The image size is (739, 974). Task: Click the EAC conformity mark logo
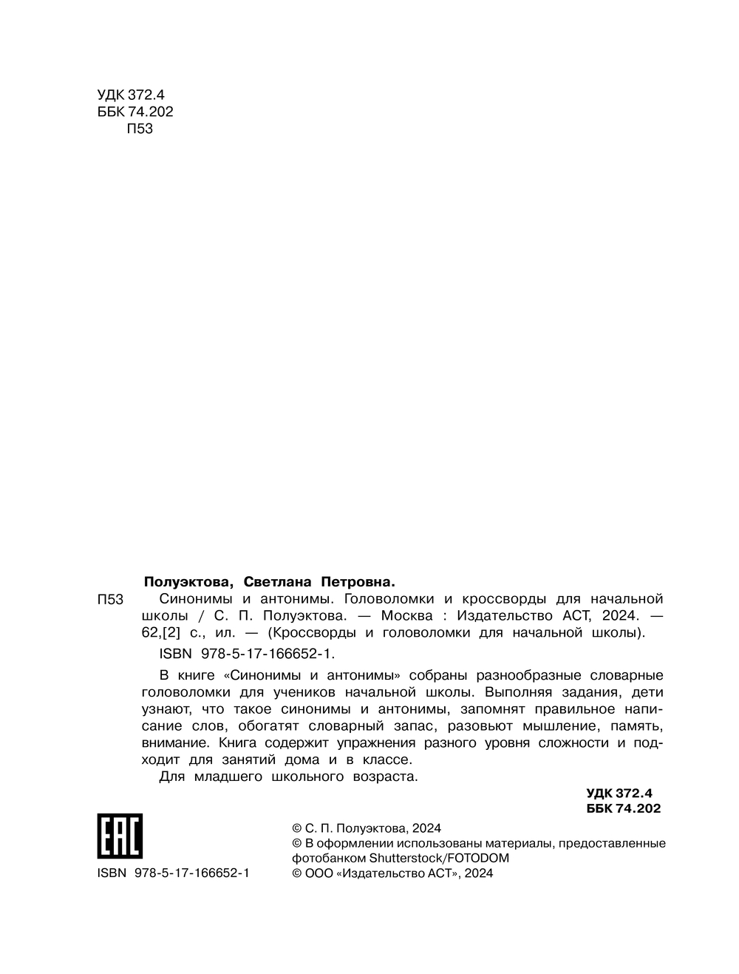coord(120,836)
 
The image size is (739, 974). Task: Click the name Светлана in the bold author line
coord(279,581)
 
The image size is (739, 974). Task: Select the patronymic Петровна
coord(358,581)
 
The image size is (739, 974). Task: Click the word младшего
coord(226,777)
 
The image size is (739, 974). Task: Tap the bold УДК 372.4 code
coord(619,792)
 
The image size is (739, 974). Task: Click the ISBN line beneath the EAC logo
coord(174,873)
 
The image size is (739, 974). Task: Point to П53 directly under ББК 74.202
coord(140,129)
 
